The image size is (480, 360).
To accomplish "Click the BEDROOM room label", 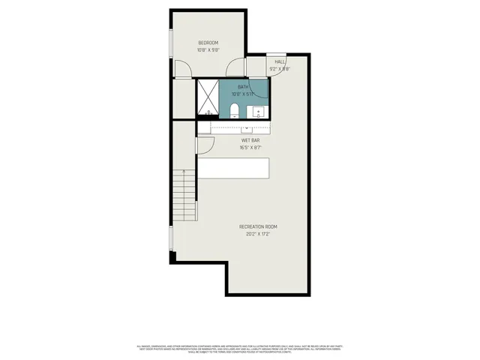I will (x=208, y=43).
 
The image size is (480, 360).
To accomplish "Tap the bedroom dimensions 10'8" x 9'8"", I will (x=208, y=50).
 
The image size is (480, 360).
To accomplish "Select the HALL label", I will (x=279, y=61).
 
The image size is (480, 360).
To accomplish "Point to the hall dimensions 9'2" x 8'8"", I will (x=279, y=69).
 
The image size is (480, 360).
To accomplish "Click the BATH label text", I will (x=244, y=88).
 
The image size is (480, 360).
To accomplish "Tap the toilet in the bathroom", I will (x=234, y=112).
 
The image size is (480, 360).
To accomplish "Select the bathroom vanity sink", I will (x=258, y=112).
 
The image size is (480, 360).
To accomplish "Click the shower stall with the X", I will (x=208, y=97).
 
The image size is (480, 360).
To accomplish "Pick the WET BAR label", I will (x=250, y=140).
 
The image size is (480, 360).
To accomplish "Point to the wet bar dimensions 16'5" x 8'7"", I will (x=250, y=148).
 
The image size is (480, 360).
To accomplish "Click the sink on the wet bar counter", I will (x=247, y=128).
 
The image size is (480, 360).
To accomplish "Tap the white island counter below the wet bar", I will (x=232, y=169).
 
